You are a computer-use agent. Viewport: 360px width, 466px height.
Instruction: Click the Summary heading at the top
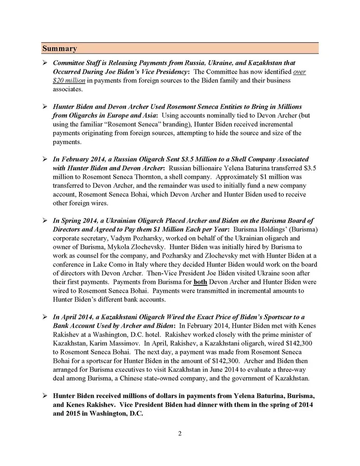point(60,49)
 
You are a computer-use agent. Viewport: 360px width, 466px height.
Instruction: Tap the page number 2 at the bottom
point(180,433)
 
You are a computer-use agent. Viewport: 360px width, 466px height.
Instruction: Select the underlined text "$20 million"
point(69,81)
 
